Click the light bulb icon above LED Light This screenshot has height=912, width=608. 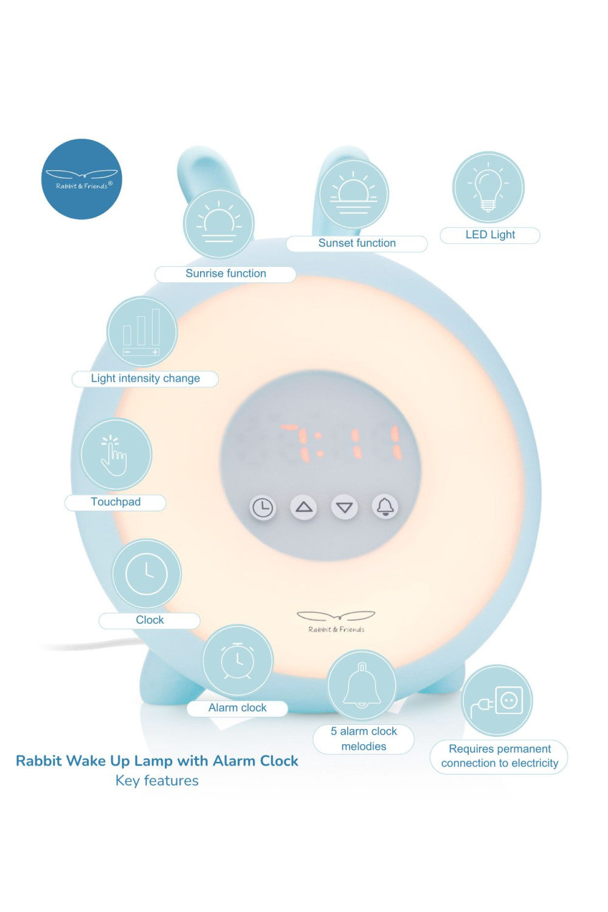tap(488, 187)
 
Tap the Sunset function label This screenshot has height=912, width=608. tap(357, 243)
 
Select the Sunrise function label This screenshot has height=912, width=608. tap(226, 274)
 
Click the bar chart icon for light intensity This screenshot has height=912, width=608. tap(142, 331)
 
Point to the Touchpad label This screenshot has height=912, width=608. tap(116, 502)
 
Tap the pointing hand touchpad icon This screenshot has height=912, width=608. tap(116, 455)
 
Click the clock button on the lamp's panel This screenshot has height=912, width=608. tap(263, 507)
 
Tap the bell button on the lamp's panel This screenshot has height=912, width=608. tap(385, 506)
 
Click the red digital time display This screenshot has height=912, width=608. tap(340, 442)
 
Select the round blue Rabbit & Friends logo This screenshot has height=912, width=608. tap(81, 179)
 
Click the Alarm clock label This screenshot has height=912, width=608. tap(237, 708)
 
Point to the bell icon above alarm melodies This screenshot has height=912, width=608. tap(362, 685)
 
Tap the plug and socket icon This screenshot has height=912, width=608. tap(497, 700)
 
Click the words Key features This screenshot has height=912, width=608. tap(157, 781)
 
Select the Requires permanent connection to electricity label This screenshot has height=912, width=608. tap(499, 756)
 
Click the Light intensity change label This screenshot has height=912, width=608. tap(145, 378)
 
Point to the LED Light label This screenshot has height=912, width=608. tap(490, 235)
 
